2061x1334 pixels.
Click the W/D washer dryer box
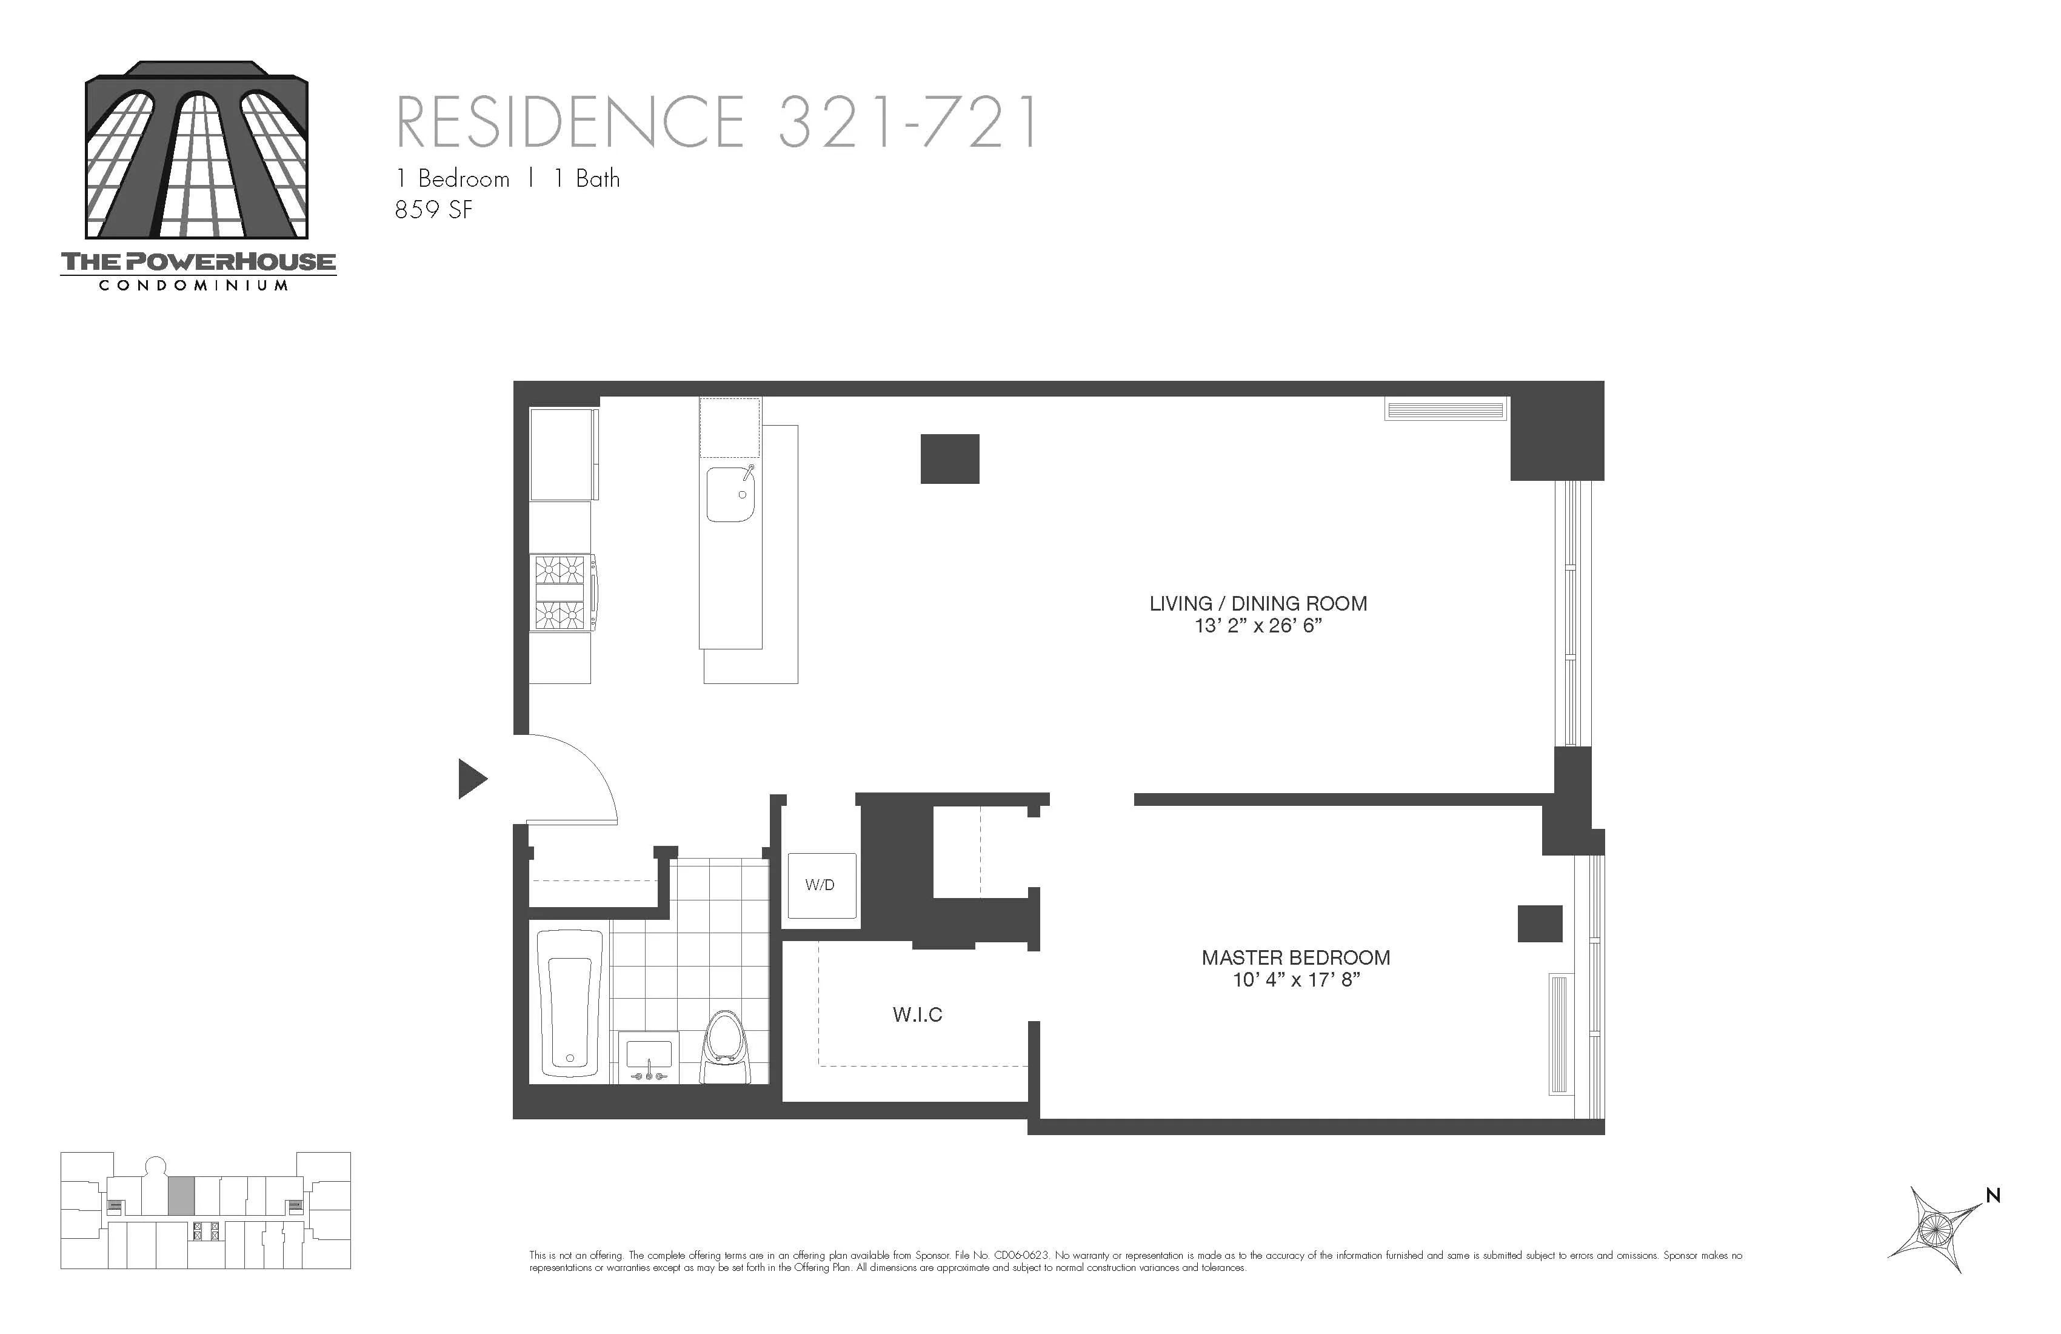click(821, 885)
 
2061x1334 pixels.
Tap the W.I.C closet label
click(917, 1014)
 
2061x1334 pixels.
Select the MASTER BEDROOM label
click(1295, 957)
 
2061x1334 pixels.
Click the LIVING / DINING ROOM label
click(1257, 604)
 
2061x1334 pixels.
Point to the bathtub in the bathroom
click(570, 1004)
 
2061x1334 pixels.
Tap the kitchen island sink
click(730, 494)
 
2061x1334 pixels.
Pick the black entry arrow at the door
click(471, 778)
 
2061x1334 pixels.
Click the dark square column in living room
click(949, 459)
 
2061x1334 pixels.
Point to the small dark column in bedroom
click(1539, 923)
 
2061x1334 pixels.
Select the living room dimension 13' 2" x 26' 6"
click(1257, 625)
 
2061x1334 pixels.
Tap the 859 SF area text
click(434, 210)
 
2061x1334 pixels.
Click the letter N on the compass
click(1993, 1195)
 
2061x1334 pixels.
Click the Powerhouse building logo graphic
click(196, 151)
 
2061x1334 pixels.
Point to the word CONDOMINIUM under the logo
click(193, 286)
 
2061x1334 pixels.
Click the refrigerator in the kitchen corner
click(563, 454)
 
